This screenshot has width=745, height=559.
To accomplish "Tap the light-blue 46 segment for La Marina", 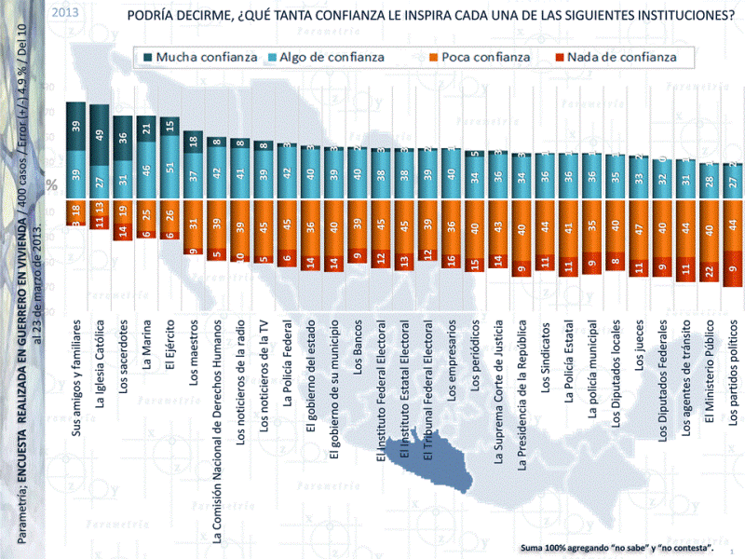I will click(146, 171).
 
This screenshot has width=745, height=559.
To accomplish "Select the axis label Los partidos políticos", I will click(735, 373).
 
